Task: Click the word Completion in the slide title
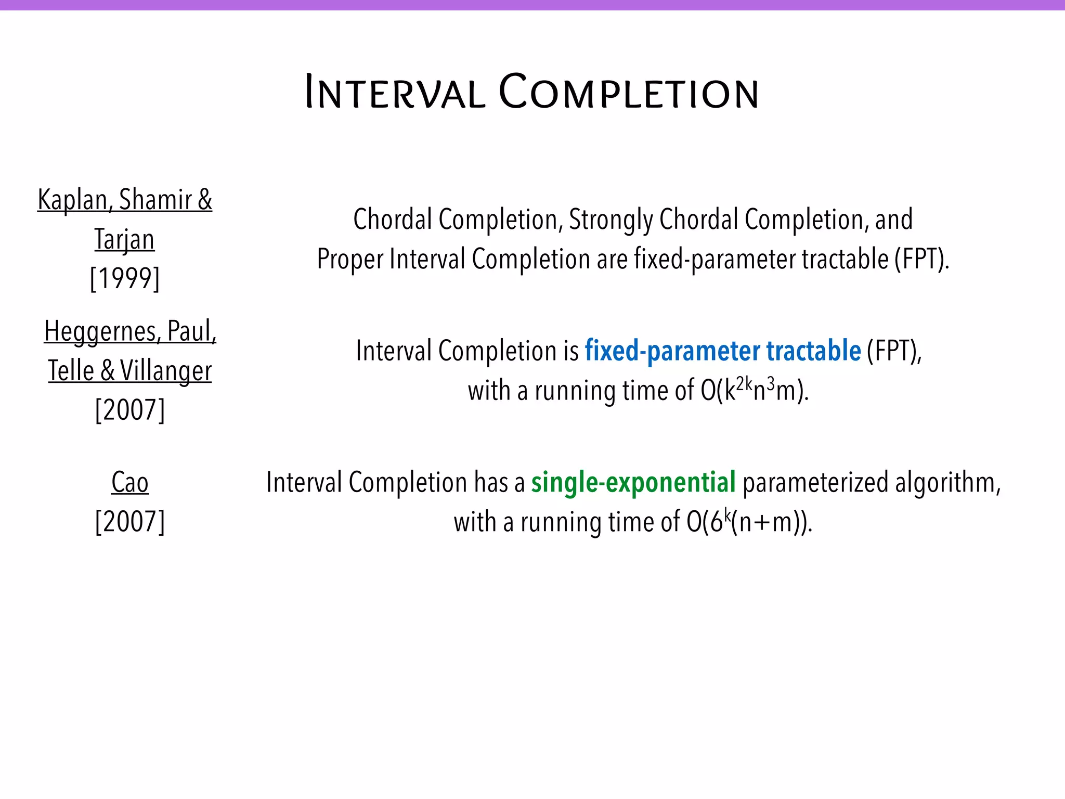tap(629, 93)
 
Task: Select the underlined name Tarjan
tap(125, 239)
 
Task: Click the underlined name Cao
tap(130, 482)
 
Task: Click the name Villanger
tap(166, 371)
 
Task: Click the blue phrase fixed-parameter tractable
tap(723, 351)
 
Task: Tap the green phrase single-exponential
tap(633, 482)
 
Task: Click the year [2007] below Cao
tap(130, 521)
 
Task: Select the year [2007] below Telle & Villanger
tap(130, 410)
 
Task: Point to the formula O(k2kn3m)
tap(755, 390)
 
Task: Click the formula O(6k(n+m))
tap(749, 522)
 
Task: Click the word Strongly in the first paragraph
tap(611, 220)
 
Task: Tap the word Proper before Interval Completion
tap(350, 259)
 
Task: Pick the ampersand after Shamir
tap(205, 200)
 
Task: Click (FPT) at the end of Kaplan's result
tap(921, 259)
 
